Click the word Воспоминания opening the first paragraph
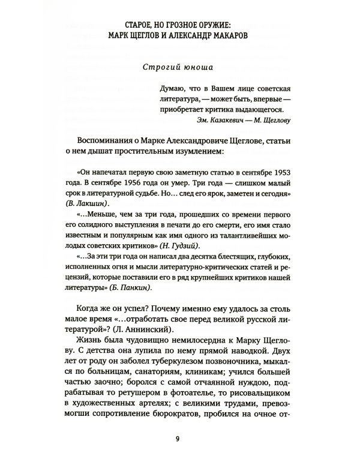pos(104,142)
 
